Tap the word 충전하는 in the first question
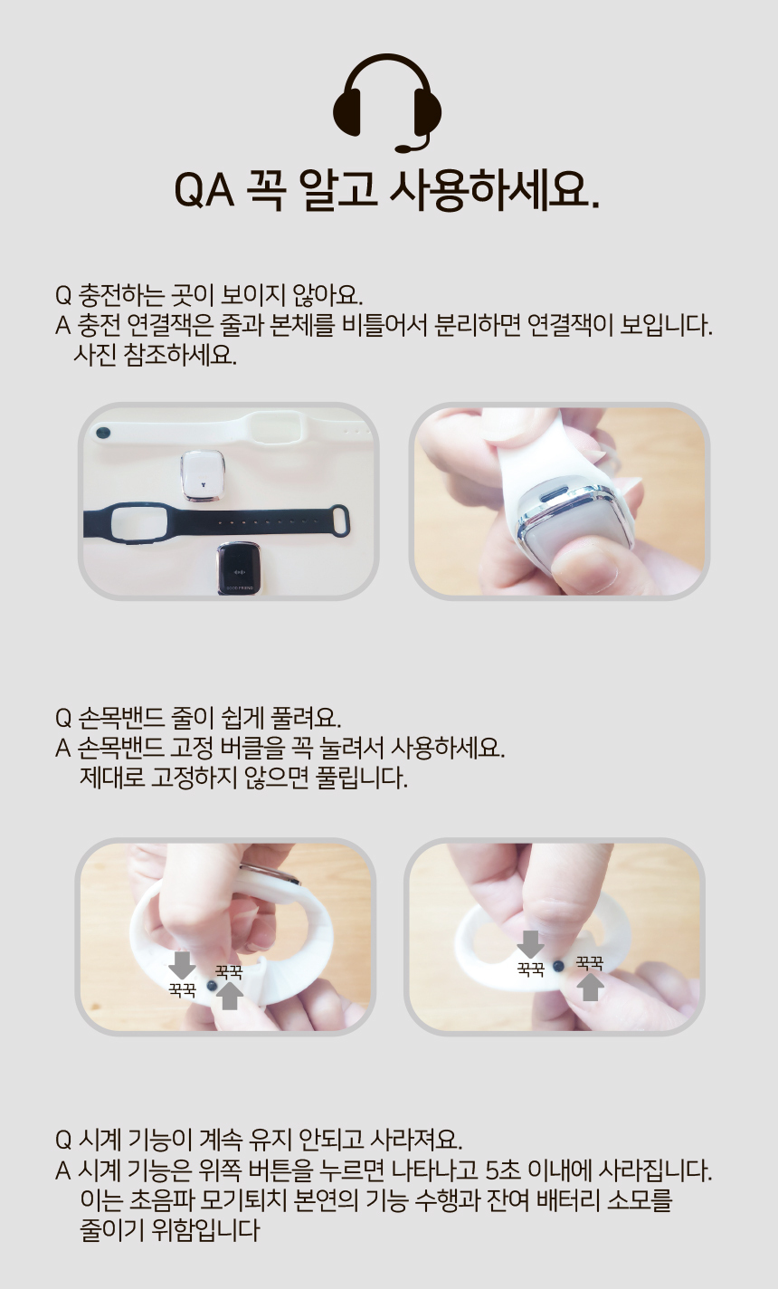coord(115,296)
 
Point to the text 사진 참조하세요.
coord(155,354)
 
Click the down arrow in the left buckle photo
coord(182,963)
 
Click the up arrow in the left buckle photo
coord(232,996)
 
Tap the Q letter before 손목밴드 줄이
coord(63,719)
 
